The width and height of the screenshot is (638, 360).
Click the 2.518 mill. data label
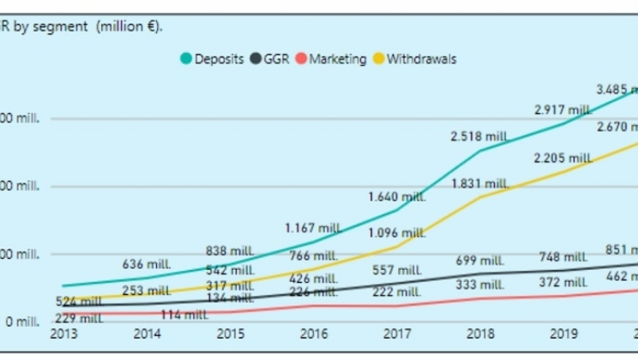click(479, 136)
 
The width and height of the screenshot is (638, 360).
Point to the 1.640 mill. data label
click(397, 197)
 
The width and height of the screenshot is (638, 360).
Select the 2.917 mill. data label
click(563, 110)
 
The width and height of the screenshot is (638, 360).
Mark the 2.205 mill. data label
click(563, 159)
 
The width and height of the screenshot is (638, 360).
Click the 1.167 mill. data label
click(313, 228)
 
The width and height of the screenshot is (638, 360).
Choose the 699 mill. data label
click(479, 260)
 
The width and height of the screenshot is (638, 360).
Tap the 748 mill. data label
click(563, 256)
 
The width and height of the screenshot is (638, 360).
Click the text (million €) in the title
click(129, 26)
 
